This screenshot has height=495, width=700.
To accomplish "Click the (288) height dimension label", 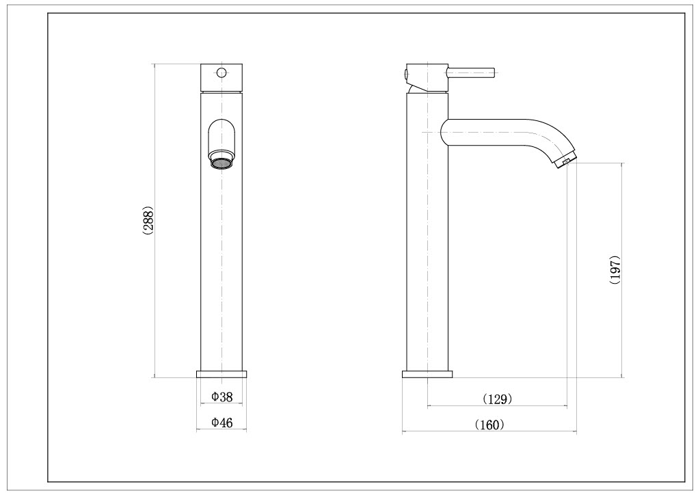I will click(148, 221).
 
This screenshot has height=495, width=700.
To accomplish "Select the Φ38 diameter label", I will click(222, 397).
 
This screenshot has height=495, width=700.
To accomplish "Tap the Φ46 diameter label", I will click(222, 423).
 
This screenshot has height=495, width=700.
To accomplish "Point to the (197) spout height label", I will click(615, 270).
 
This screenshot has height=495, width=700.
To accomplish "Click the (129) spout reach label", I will click(497, 399).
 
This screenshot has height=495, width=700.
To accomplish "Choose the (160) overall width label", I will click(489, 425).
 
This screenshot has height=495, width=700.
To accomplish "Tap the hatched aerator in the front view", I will click(221, 163).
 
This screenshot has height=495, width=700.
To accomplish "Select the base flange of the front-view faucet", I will click(221, 373).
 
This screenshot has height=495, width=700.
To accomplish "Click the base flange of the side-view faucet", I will click(427, 373).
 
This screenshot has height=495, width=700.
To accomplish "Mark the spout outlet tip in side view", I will click(567, 162).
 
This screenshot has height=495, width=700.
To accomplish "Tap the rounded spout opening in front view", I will click(221, 135).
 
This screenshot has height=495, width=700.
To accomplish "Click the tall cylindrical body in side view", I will click(427, 260).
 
